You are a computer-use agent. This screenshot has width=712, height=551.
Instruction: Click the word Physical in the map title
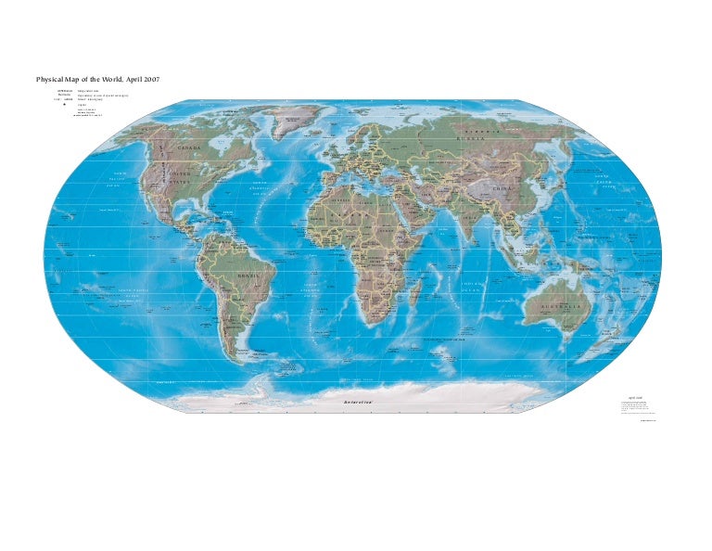51,80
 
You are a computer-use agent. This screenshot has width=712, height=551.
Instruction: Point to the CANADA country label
189,147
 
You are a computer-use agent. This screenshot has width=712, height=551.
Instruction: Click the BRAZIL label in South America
248,276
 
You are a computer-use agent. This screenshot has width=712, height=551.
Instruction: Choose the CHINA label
501,188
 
